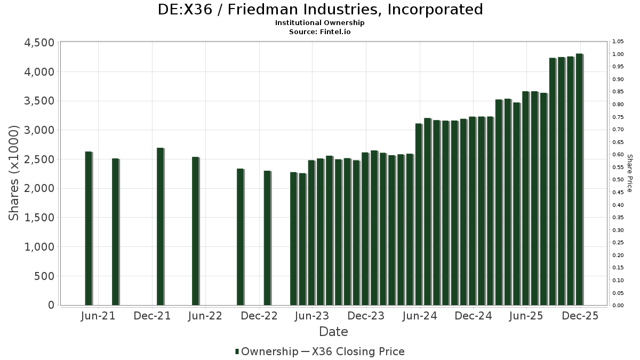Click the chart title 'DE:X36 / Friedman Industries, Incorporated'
320,10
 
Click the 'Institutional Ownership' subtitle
320,23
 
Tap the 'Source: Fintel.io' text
320,31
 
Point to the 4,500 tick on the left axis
39,43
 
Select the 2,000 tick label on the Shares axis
39,188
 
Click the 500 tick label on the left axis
44,276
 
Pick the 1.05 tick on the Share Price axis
619,42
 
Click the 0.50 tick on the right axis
619,180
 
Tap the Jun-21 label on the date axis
98,316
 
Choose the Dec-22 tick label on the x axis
259,316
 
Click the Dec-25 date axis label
580,316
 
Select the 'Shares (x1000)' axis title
14,173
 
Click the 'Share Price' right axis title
629,173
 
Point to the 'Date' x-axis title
333,332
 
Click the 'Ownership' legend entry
267,351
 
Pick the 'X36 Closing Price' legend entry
358,351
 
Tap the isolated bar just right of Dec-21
160,226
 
